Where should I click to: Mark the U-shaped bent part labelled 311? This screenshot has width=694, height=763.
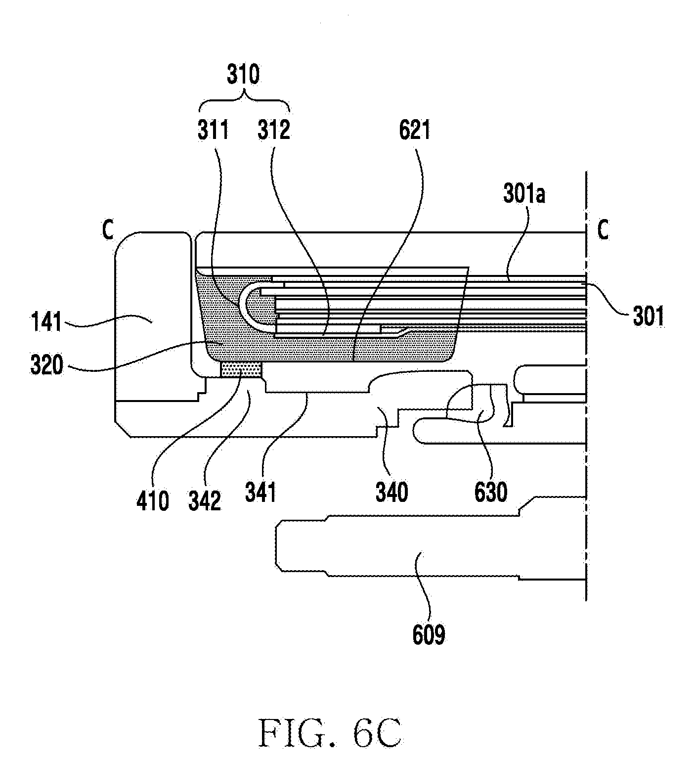(x=242, y=307)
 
